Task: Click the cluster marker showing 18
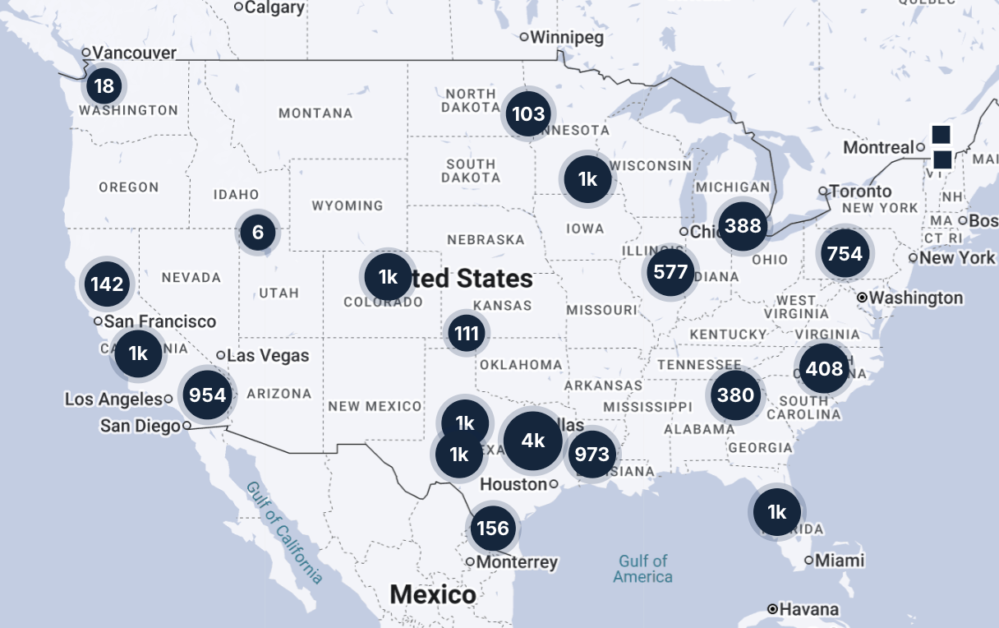click(104, 85)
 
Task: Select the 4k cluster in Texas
click(533, 441)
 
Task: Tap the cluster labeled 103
click(528, 113)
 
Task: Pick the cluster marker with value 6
click(258, 233)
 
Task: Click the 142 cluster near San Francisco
click(108, 284)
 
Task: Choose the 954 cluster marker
click(207, 395)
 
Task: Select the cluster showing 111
click(466, 334)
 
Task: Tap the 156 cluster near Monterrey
click(493, 528)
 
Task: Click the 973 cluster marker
click(592, 454)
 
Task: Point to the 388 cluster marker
click(743, 225)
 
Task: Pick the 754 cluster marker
click(845, 252)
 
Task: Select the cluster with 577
click(670, 271)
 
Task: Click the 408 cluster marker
click(824, 368)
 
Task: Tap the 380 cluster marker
click(735, 395)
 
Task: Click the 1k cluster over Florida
click(776, 512)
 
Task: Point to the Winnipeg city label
click(566, 37)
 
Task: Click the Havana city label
click(810, 609)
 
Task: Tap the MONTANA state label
click(315, 113)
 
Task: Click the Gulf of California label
click(284, 533)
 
